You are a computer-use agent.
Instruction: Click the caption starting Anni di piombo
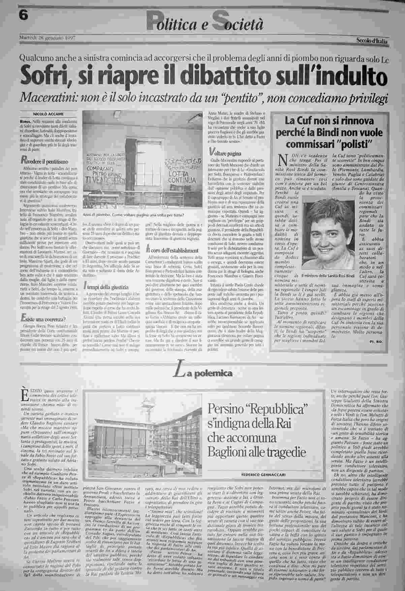(x=134, y=215)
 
